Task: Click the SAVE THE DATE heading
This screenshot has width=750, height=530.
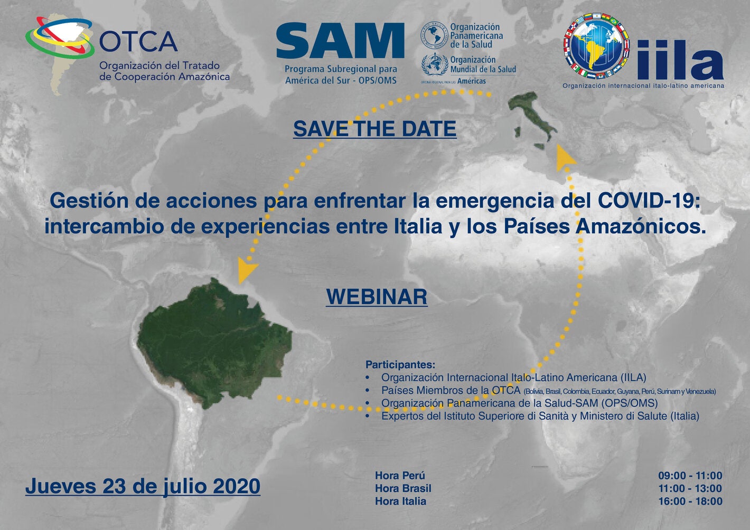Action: (x=374, y=129)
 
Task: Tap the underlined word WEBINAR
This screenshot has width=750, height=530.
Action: (x=377, y=297)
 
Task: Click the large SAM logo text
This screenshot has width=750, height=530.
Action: (x=340, y=42)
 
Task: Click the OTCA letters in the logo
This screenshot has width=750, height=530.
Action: (x=138, y=42)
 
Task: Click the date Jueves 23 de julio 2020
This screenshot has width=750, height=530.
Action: (x=143, y=486)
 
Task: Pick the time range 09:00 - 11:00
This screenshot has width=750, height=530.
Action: (x=690, y=476)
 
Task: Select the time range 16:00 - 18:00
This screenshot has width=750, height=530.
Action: (x=690, y=501)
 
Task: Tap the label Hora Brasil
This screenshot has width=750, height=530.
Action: (x=403, y=488)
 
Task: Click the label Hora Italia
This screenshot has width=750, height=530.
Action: (x=400, y=501)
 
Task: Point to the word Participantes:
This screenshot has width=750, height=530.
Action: (x=400, y=364)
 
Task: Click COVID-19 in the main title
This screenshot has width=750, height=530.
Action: (x=649, y=201)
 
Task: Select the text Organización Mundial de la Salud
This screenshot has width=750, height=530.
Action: (x=483, y=64)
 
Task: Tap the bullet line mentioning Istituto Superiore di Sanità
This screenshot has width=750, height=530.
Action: (x=540, y=416)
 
